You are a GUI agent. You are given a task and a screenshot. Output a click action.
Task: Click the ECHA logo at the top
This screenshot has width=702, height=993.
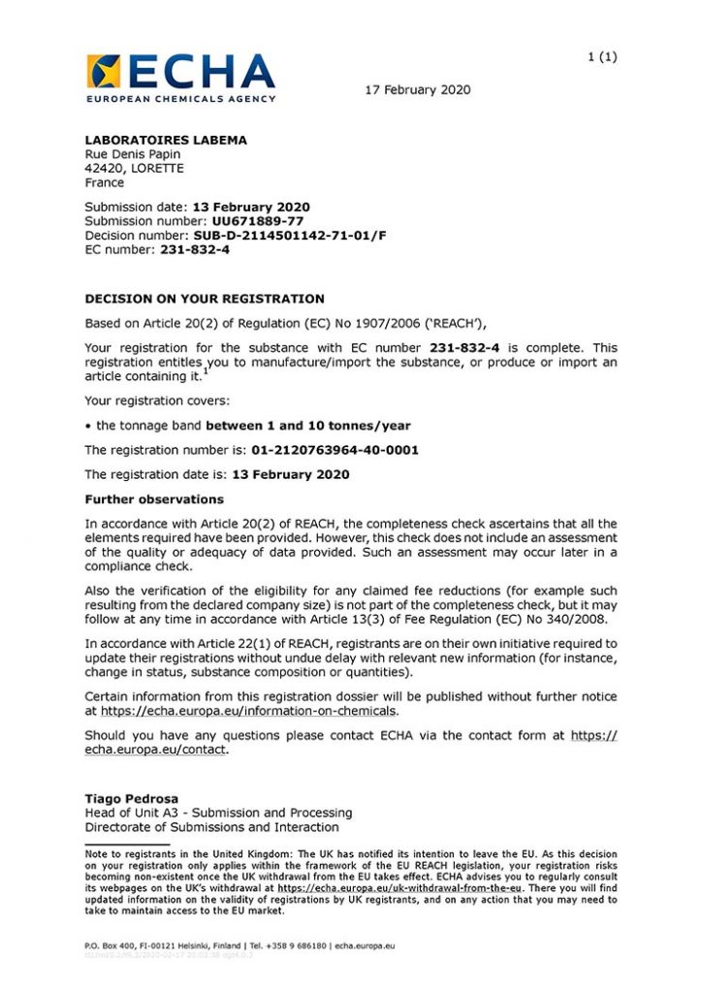tap(180, 77)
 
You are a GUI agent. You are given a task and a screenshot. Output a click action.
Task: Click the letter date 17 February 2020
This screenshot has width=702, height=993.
tap(417, 90)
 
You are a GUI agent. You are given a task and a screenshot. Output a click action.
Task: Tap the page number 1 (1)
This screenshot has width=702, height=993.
tap(602, 56)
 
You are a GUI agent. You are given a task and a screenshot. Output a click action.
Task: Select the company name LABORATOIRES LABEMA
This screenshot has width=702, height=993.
tap(166, 140)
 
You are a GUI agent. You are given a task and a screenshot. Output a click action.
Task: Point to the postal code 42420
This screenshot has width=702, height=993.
tap(102, 168)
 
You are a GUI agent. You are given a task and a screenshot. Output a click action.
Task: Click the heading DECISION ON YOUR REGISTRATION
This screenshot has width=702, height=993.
tap(205, 299)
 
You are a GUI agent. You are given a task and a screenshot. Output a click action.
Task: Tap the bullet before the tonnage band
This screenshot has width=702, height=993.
tap(88, 426)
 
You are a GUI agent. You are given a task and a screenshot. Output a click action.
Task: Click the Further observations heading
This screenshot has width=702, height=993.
tap(154, 499)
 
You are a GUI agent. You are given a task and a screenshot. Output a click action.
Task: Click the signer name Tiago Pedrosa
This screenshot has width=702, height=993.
tap(132, 799)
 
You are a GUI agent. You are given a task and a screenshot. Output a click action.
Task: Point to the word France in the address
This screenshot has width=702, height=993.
tap(105, 182)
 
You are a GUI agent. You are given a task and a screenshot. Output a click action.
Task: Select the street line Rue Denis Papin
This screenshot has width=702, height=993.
tap(133, 154)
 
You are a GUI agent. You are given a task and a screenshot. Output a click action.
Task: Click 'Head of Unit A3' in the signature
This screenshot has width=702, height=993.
tap(134, 813)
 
